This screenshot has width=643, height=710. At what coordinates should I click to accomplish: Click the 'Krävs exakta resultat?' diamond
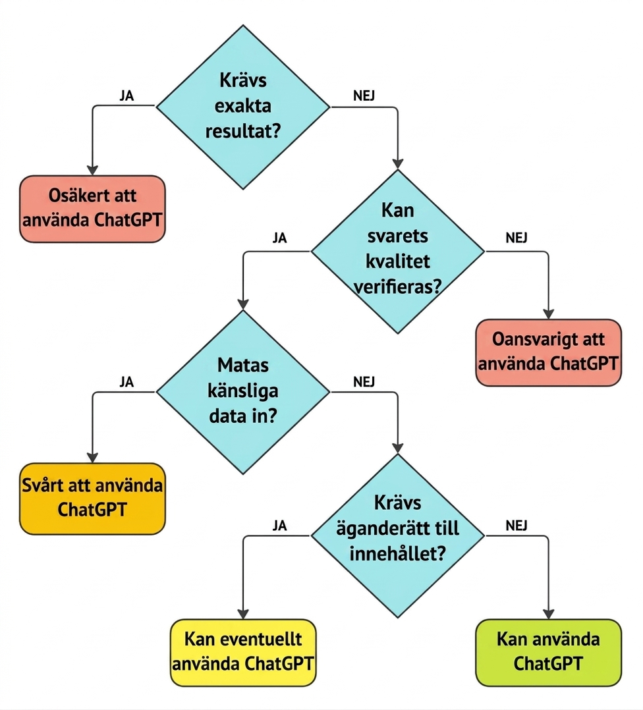pyautogui.click(x=243, y=107)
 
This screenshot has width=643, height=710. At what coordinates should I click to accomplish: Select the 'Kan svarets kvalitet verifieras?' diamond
pyautogui.click(x=397, y=252)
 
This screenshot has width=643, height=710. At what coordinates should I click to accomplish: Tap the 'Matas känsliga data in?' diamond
pyautogui.click(x=243, y=392)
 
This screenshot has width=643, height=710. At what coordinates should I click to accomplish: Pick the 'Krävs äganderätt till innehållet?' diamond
pyautogui.click(x=397, y=535)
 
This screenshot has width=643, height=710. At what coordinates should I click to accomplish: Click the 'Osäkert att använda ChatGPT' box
pyautogui.click(x=92, y=209)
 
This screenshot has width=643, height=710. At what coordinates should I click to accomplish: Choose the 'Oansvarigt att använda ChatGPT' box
pyautogui.click(x=548, y=352)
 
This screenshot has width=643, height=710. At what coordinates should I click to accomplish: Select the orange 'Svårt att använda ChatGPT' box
pyautogui.click(x=92, y=498)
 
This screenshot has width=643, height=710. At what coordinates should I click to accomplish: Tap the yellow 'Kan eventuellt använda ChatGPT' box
pyautogui.click(x=243, y=653)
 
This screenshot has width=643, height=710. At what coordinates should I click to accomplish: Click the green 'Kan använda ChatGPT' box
pyautogui.click(x=548, y=653)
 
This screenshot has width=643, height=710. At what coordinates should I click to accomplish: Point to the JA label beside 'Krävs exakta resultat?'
pyautogui.click(x=126, y=96)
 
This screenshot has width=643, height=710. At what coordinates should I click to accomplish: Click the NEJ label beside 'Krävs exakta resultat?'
pyautogui.click(x=364, y=96)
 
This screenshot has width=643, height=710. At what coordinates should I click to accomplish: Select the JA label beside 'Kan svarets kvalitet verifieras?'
pyautogui.click(x=280, y=238)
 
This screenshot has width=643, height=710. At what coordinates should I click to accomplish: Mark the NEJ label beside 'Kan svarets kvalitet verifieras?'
pyautogui.click(x=517, y=238)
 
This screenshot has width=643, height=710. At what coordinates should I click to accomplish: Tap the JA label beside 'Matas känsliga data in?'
pyautogui.click(x=126, y=382)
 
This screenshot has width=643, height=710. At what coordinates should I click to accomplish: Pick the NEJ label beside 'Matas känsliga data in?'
pyautogui.click(x=364, y=382)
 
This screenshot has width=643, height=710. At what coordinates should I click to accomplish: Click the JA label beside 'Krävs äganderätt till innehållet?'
pyautogui.click(x=280, y=526)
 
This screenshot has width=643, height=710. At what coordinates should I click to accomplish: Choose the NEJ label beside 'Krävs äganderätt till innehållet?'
pyautogui.click(x=517, y=526)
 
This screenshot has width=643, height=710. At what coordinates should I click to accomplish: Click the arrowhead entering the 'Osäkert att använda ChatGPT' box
pyautogui.click(x=92, y=170)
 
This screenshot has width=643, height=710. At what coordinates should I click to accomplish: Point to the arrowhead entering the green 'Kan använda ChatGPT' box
pyautogui.click(x=548, y=614)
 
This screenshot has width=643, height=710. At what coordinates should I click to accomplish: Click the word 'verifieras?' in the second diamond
pyautogui.click(x=397, y=287)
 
